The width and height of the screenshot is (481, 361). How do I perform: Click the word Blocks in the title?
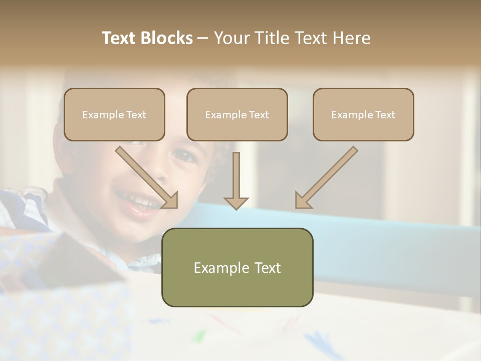[166, 38]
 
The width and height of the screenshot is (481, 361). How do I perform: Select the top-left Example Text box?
[114, 114]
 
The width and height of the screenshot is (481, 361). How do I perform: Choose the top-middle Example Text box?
[237, 114]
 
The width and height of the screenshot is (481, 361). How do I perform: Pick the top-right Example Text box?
[363, 114]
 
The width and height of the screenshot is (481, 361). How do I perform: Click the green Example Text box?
[237, 267]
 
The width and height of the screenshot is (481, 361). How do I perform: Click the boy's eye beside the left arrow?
[184, 156]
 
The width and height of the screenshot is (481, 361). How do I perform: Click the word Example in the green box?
[219, 268]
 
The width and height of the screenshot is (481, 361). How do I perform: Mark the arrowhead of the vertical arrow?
[236, 203]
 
